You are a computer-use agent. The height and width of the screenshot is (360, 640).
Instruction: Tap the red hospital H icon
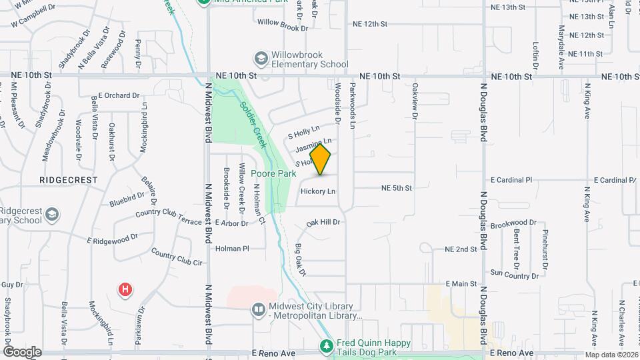125,289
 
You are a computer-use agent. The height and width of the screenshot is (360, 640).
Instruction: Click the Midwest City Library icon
258,310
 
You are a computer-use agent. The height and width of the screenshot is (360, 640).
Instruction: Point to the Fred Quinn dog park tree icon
326,346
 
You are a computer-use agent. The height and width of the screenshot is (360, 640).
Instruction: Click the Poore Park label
273,173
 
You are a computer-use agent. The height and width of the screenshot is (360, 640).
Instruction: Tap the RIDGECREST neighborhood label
68,180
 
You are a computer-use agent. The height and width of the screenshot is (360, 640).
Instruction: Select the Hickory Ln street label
317,191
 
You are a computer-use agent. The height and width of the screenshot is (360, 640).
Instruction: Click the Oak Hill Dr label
323,222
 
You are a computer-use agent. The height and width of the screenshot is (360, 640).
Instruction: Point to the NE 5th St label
397,188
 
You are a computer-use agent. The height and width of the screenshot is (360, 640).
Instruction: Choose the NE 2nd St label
461,249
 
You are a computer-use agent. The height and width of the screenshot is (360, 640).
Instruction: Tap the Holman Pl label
232,249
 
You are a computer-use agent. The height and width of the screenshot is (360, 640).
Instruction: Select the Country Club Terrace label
168,217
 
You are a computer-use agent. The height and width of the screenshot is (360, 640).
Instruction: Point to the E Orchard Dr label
118,95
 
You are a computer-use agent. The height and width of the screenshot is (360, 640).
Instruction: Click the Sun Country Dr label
514,274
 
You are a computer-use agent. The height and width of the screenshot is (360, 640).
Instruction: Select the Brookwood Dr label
513,223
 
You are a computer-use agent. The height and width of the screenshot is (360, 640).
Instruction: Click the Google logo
23,352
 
